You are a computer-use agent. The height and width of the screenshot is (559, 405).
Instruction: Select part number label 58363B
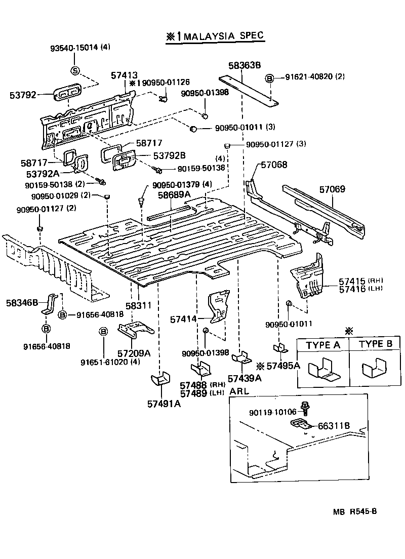point(244,65)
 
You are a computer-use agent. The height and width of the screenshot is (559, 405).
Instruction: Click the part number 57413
point(125,75)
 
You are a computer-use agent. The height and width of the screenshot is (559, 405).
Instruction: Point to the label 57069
point(332,189)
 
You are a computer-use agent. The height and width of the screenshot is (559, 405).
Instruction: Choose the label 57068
point(274,165)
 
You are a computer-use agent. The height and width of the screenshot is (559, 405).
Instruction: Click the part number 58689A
point(173,194)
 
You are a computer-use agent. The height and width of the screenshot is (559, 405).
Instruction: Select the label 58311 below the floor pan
point(138,306)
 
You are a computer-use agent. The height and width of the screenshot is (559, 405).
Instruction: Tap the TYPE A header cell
point(322,344)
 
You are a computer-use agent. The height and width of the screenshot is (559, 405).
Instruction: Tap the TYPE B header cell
point(375,344)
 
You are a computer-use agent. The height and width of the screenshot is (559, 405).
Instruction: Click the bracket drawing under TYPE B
point(375,370)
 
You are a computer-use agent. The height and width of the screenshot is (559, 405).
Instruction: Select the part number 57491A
point(164,404)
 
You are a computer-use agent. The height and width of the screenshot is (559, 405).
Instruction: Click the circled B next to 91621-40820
point(270,78)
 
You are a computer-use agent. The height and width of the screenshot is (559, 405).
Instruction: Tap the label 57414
point(183,320)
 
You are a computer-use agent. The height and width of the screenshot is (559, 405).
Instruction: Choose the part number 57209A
point(134,353)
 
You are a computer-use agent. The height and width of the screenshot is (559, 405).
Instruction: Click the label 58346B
point(22,303)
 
